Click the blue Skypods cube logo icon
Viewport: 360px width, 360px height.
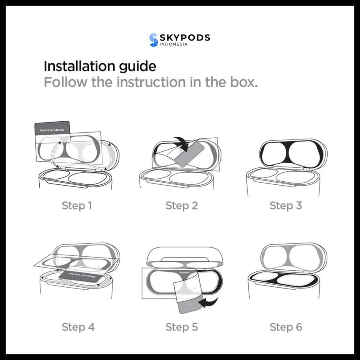point(153,40)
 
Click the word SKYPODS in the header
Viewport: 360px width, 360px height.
point(185,37)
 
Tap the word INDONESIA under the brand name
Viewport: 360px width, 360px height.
point(174,44)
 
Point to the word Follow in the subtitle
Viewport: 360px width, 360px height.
point(65,82)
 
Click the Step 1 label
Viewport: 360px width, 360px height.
point(77,205)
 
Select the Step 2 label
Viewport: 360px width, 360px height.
point(181,205)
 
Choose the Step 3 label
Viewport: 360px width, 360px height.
point(285,205)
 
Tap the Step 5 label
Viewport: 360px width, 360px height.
point(181,327)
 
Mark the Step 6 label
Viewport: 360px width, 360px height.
point(285,327)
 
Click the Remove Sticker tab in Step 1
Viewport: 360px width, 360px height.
point(52,129)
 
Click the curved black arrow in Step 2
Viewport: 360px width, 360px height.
point(181,143)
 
